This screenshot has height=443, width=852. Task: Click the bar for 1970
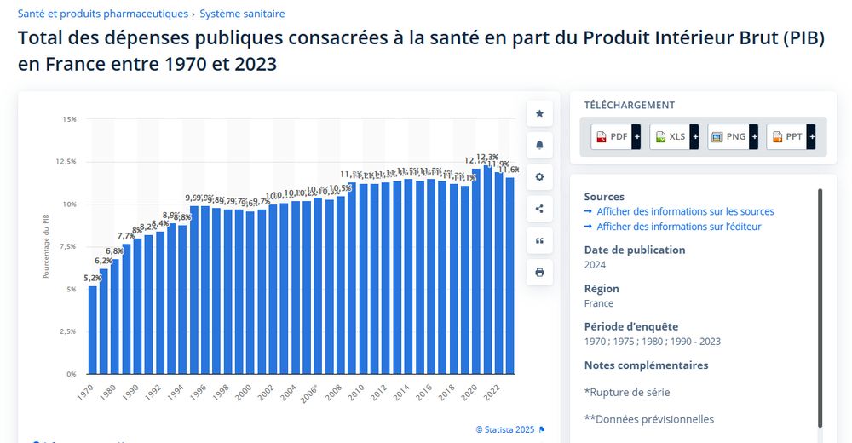coord(93,330)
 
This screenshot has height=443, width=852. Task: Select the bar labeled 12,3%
coord(487,268)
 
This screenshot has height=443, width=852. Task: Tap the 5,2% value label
coord(92,278)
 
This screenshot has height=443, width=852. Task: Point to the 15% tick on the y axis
coord(69,119)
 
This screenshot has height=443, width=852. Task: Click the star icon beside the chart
coord(539,113)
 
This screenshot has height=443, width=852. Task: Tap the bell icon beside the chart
coord(539,145)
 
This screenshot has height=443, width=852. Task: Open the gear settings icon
coord(539,177)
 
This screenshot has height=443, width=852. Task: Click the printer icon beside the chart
coord(539,273)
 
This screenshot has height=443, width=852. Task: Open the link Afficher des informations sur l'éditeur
coord(678,227)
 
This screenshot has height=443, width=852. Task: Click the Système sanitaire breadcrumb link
coord(242,14)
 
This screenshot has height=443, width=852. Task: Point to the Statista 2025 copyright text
coord(505,429)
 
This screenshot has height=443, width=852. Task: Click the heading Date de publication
coord(634,250)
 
